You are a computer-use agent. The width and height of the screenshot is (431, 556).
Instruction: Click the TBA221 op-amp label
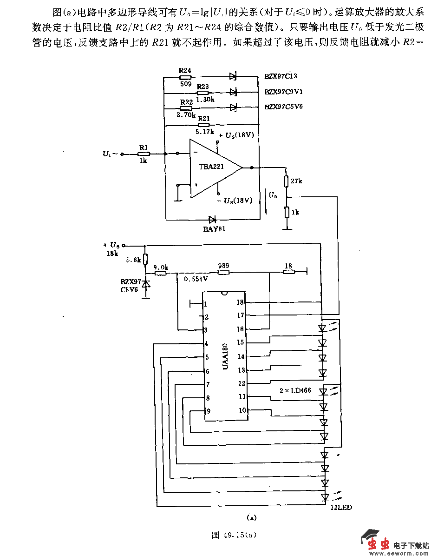(x=212, y=167)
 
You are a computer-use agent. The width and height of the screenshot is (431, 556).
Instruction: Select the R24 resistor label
(x=185, y=70)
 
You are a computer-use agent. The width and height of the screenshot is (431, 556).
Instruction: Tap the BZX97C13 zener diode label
(x=281, y=76)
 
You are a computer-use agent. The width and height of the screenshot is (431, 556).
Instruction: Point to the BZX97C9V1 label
(x=283, y=92)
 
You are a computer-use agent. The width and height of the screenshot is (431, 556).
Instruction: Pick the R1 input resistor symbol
(x=144, y=154)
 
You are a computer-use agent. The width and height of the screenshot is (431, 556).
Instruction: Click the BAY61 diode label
(x=214, y=229)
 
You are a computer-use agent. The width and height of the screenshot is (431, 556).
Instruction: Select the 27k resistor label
(x=297, y=181)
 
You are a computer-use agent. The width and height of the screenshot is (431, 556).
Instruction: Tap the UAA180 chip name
(x=225, y=357)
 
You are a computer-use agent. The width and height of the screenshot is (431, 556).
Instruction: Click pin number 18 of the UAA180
(x=241, y=302)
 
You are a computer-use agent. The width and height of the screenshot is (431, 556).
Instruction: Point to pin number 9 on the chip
(x=208, y=411)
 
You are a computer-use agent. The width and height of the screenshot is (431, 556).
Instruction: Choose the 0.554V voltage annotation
(x=196, y=279)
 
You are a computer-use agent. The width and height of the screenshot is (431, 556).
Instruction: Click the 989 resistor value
(x=223, y=266)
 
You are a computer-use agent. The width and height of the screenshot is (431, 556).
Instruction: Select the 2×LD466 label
(x=295, y=390)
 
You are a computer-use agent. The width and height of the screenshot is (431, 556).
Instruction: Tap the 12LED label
(x=341, y=507)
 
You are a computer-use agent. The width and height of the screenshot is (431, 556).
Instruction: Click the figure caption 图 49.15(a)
(x=234, y=535)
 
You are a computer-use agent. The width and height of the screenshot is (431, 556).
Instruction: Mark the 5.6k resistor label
(x=133, y=260)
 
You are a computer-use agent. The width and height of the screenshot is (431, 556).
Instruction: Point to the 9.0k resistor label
(x=161, y=267)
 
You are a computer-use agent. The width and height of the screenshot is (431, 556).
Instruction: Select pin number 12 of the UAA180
(x=242, y=383)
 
